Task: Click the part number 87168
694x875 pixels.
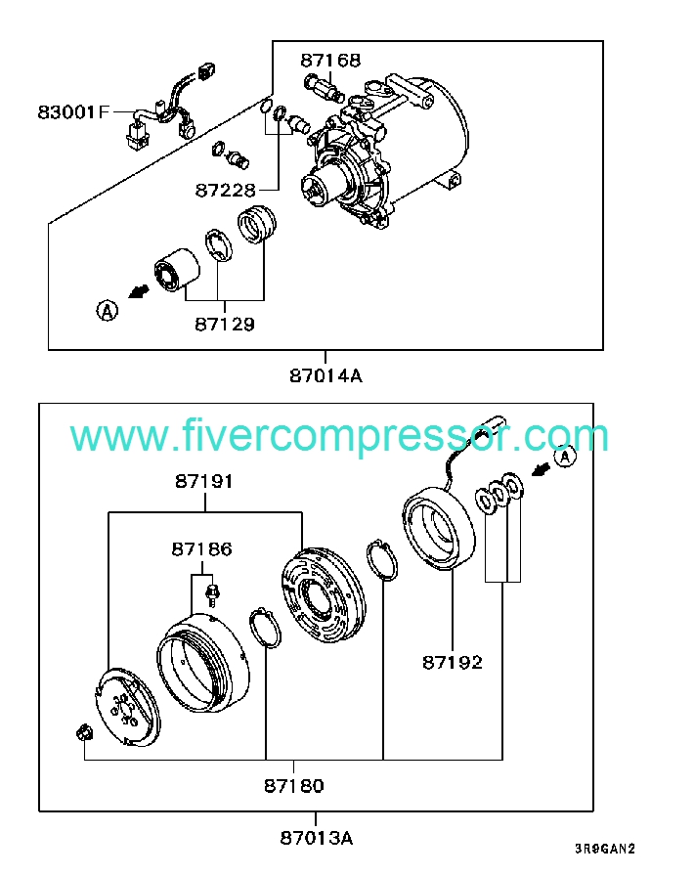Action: pos(329,60)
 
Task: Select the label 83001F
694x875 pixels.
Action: pos(74,111)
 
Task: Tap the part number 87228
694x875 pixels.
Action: pos(224,189)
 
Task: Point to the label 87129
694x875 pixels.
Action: pos(224,324)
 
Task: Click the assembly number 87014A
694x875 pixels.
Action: pos(325,374)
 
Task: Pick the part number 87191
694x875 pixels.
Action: pos(205,482)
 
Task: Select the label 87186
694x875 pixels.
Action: pos(201,549)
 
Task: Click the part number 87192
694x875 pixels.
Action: pos(453,662)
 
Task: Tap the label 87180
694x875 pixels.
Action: pos(293,785)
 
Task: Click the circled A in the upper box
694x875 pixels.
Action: pos(105,311)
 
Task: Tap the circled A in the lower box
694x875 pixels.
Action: pos(564,457)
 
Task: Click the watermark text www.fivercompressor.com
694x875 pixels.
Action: pos(339,436)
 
